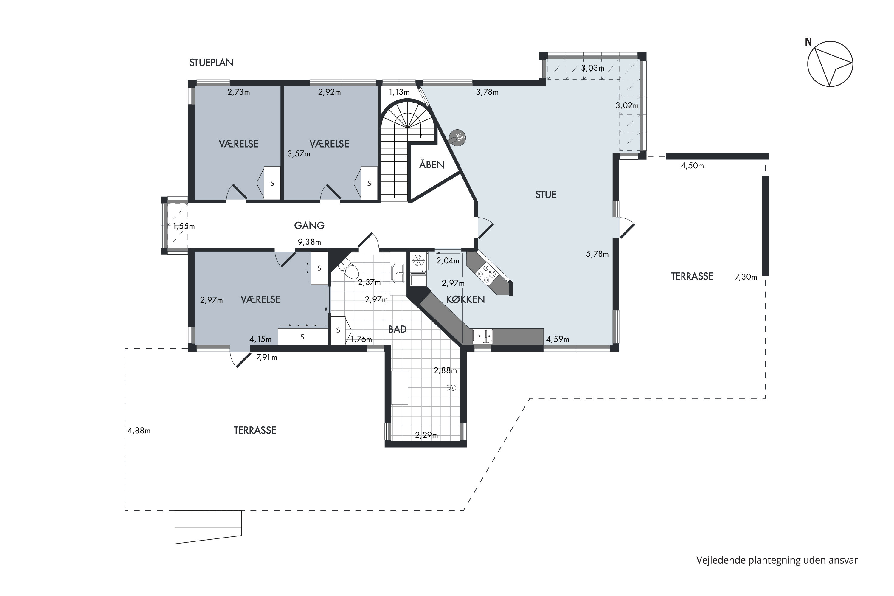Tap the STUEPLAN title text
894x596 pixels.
click(211, 63)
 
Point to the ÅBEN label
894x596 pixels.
click(432, 164)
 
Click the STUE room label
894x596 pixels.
click(546, 195)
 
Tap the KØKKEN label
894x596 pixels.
click(465, 299)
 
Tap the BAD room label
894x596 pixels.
click(397, 329)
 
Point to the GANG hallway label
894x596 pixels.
click(309, 225)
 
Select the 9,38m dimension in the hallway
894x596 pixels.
click(309, 242)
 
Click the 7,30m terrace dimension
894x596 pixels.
click(746, 277)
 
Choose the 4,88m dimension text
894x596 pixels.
click(139, 431)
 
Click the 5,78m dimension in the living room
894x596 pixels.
click(597, 254)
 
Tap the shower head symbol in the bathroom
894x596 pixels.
click(452, 388)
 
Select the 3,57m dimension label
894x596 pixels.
click(299, 154)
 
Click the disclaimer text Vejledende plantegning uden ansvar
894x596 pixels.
click(777, 560)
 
